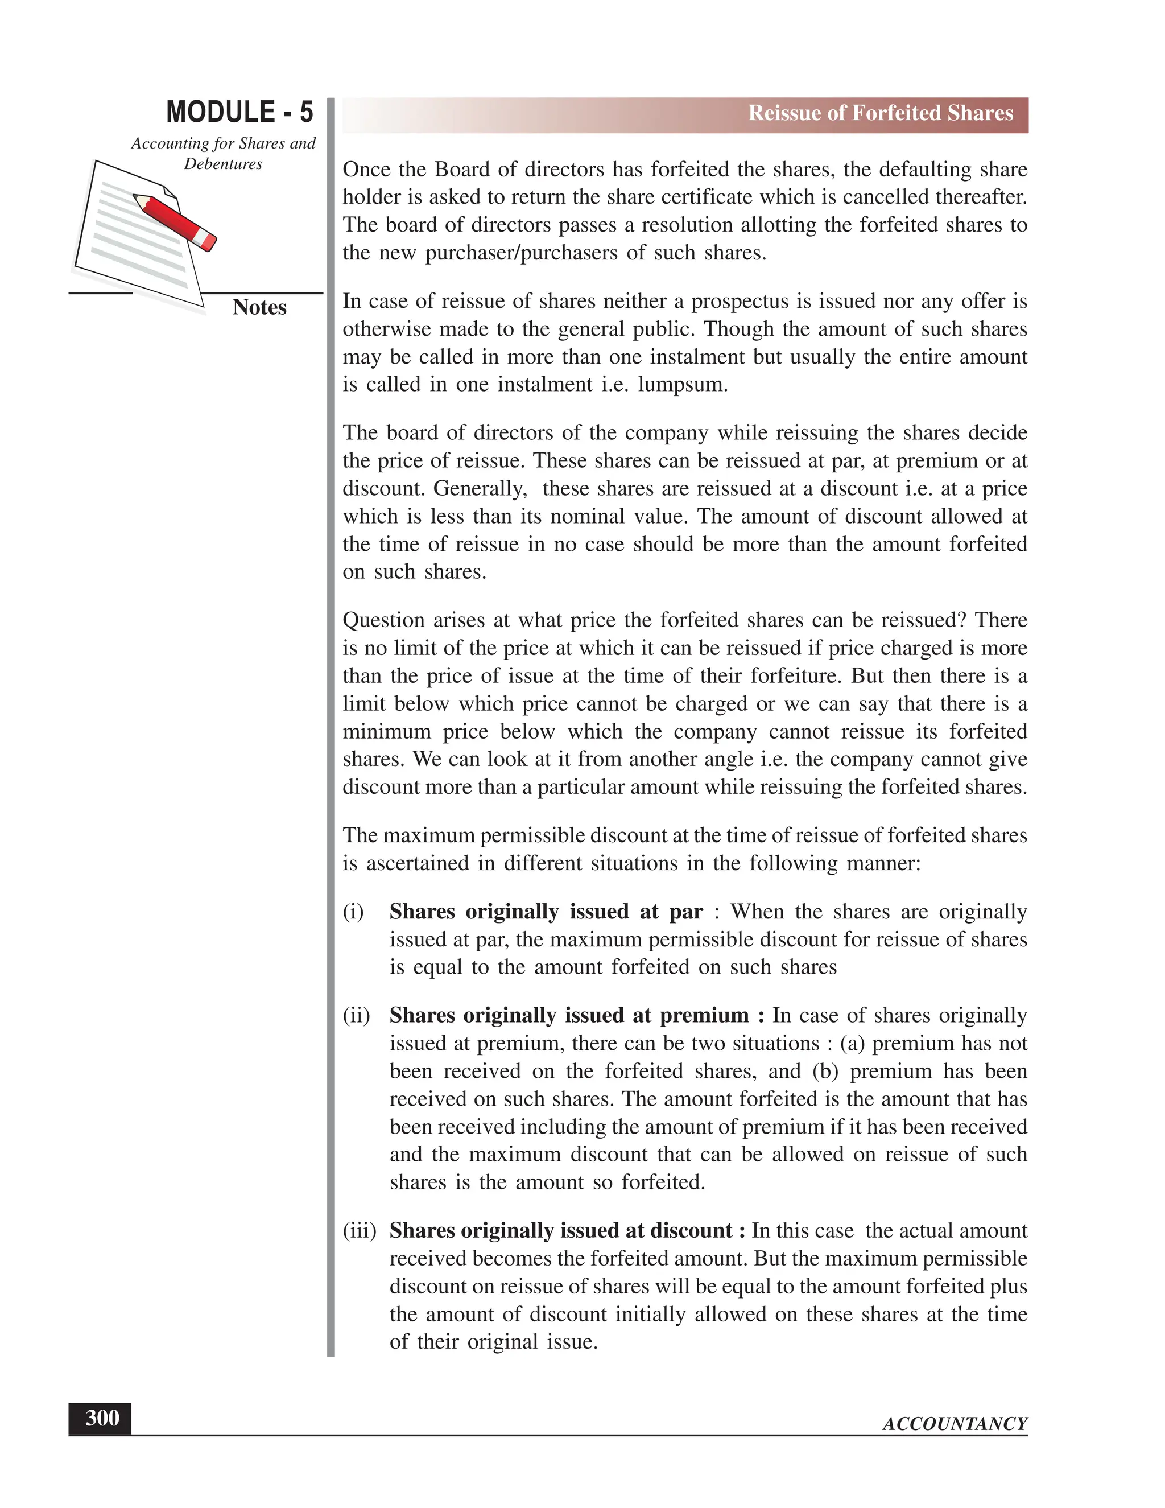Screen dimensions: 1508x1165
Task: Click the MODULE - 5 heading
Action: point(239,112)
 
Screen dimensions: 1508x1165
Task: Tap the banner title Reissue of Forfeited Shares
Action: point(880,113)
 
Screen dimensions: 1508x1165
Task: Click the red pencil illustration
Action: point(175,220)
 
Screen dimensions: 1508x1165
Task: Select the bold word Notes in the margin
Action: point(259,307)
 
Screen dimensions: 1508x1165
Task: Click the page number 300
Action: point(101,1418)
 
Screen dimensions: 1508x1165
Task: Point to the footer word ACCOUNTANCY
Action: point(955,1424)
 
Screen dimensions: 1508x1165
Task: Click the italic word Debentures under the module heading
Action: point(223,164)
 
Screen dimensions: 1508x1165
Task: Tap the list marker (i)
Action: point(353,912)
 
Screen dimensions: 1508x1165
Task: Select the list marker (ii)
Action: point(356,1016)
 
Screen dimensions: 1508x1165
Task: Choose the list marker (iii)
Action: point(360,1230)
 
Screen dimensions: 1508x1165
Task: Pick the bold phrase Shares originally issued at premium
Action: point(569,1016)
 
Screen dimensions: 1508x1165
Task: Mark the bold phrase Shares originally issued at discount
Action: point(560,1230)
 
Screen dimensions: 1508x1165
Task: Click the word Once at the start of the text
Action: point(366,169)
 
